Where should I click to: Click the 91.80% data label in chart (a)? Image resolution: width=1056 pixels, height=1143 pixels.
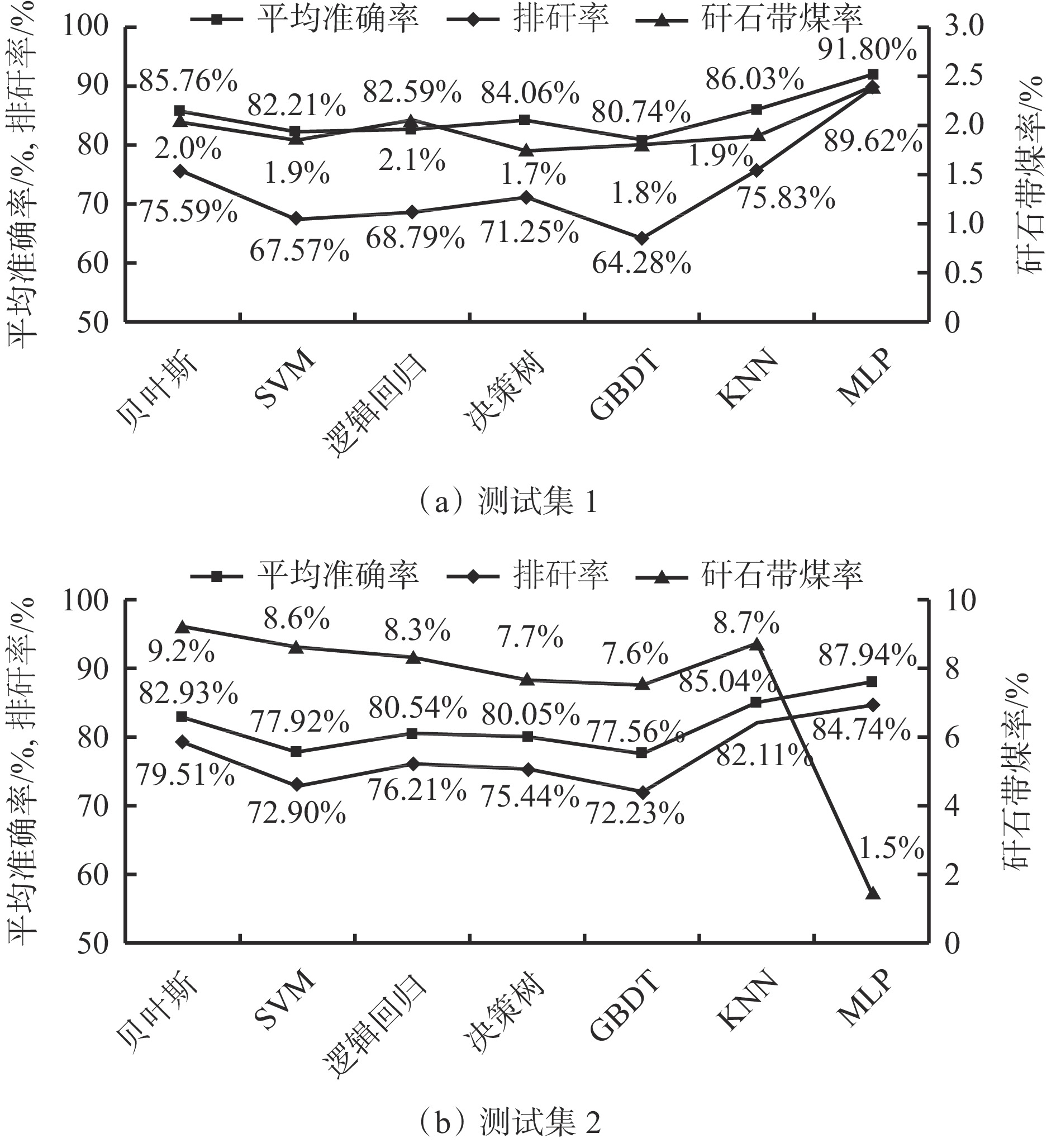pos(867,51)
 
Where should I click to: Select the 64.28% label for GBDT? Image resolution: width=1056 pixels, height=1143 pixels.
pos(641,264)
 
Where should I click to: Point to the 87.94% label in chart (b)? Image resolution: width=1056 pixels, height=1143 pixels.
pos(867,656)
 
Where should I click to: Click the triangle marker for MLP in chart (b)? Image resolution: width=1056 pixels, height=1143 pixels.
pos(873,893)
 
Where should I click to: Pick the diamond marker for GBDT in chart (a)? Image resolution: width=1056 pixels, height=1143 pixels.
pos(643,238)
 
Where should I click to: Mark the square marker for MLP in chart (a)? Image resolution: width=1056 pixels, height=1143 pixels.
pos(873,75)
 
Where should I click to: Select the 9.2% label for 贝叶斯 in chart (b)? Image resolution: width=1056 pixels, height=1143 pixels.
pos(181,652)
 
